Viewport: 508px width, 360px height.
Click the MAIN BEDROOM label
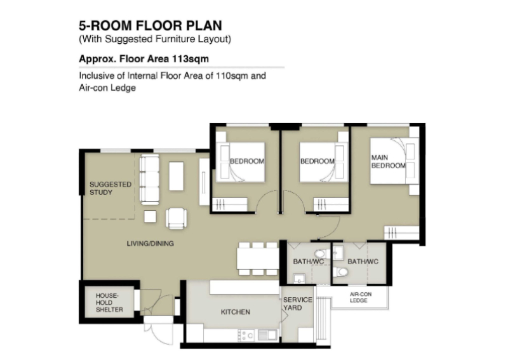388,161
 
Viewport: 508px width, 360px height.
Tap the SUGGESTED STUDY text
110,189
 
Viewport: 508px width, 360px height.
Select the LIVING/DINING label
150,243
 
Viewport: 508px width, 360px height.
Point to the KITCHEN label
236,312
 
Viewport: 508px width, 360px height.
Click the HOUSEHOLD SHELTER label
109,302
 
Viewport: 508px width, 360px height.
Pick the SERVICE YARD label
298,303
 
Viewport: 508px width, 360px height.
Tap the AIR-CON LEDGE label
360,298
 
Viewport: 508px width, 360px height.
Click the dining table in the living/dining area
258,258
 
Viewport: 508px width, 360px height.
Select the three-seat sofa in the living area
149,179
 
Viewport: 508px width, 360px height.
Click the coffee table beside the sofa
177,177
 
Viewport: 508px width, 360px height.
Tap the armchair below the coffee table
177,218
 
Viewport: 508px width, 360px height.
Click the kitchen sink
267,335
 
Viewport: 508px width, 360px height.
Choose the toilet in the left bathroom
321,254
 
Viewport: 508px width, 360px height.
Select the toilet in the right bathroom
341,272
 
